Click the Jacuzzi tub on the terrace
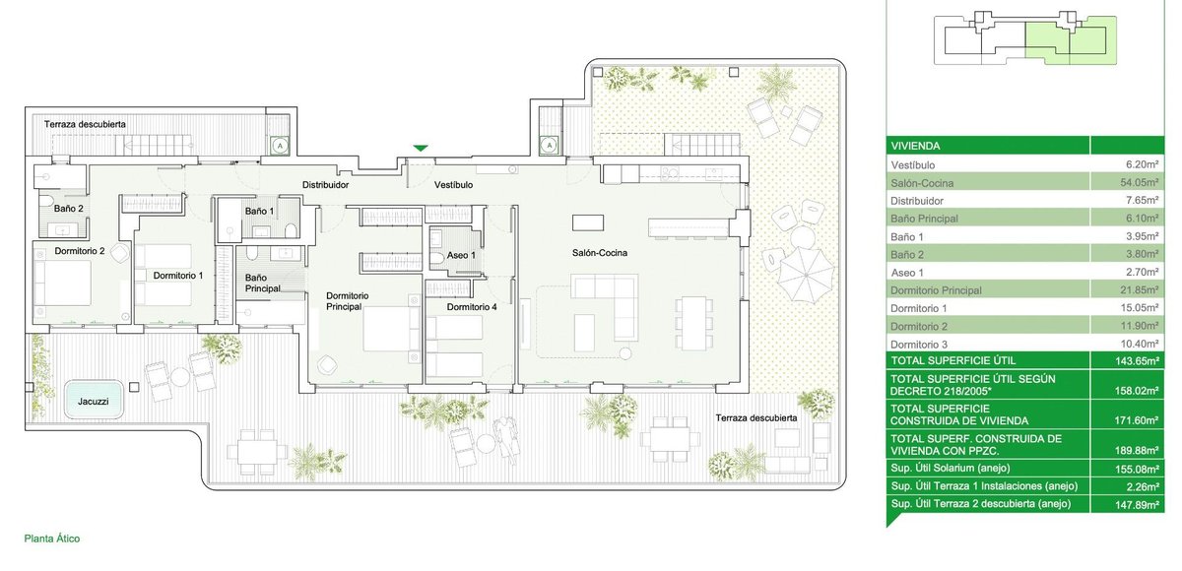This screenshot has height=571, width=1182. coord(94,399)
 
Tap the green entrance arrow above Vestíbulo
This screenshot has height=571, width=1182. coord(420,149)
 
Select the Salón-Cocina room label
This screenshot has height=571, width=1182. coord(600,253)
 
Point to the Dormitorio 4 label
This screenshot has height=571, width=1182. coord(472,307)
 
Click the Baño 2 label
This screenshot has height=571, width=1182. coord(69,209)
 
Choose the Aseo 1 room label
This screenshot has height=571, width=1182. coord(461,255)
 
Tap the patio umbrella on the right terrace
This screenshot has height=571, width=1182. coord(806,275)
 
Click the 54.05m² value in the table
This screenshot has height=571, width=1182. coord(1142,182)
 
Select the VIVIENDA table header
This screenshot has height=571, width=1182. coord(915,146)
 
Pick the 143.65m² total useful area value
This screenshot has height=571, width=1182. coord(1137,361)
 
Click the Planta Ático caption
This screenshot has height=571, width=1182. coord(52,539)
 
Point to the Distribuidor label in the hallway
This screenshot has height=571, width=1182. coord(325,185)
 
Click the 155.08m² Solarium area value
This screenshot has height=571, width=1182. coord(1137,469)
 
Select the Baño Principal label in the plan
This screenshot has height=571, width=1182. coord(262,284)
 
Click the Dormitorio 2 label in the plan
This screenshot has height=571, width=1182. coord(80,251)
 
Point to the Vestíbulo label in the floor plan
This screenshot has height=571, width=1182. coord(453,185)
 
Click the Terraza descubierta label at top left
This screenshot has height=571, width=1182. coord(85,124)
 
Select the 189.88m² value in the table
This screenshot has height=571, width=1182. coord(1137,451)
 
